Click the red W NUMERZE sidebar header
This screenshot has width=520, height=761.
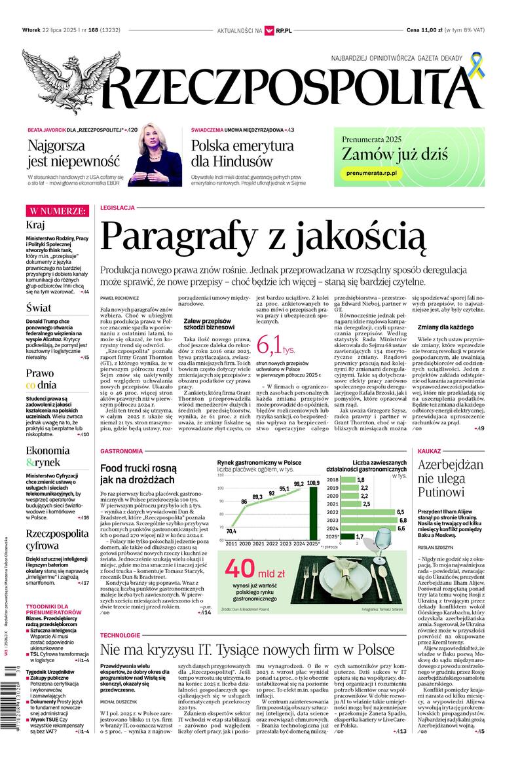[56, 211]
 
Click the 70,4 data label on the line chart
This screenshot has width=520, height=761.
[231, 531]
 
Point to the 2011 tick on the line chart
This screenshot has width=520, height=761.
[232, 544]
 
